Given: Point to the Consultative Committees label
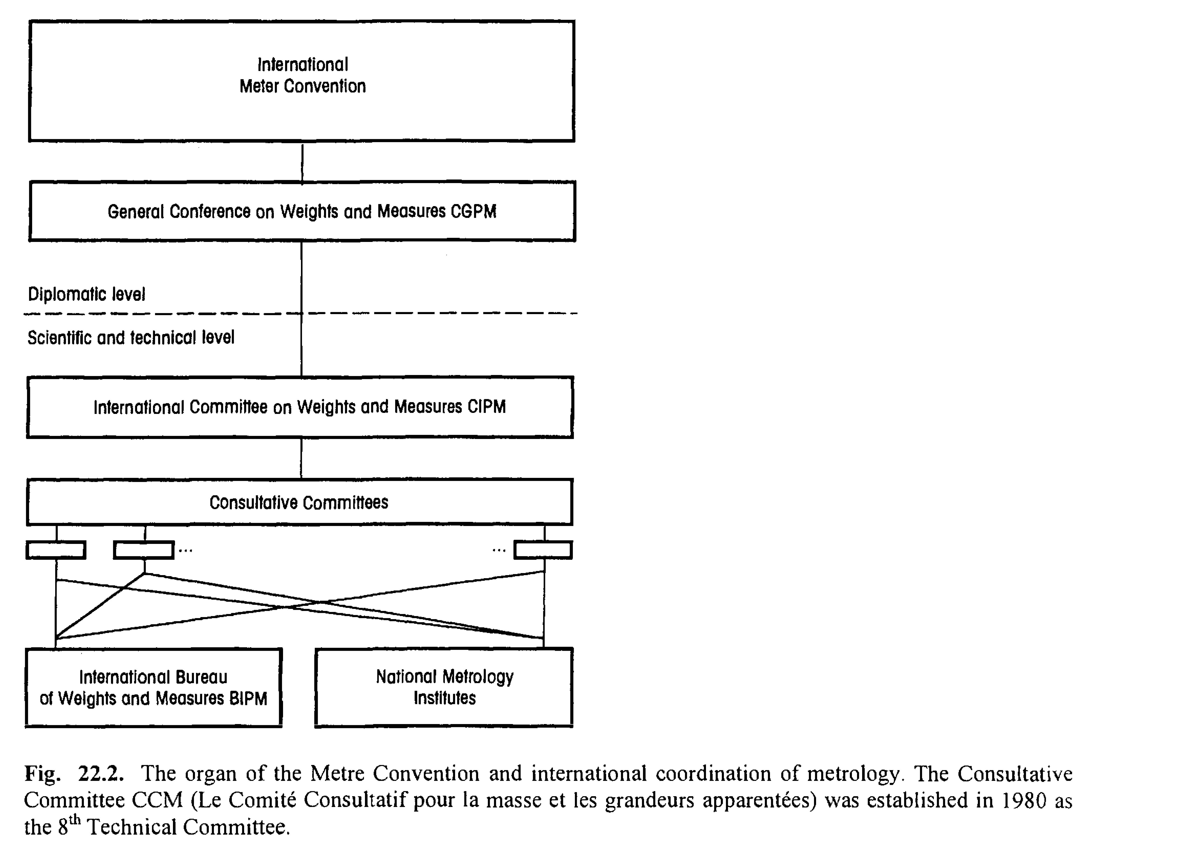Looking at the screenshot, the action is (x=299, y=503).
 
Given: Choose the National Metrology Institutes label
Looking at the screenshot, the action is (x=445, y=687).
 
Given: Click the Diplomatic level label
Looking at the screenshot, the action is (x=87, y=294).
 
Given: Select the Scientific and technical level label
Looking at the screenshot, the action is (x=131, y=337).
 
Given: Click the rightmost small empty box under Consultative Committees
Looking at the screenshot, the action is (x=543, y=550).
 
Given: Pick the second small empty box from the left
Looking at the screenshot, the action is (x=144, y=550).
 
